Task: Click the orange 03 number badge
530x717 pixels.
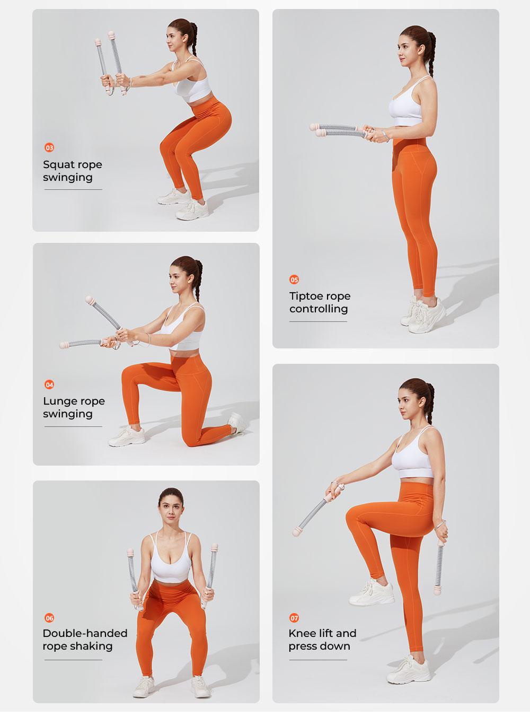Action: [49, 148]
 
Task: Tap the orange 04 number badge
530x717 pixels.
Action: [49, 384]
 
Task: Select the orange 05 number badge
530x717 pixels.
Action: [294, 279]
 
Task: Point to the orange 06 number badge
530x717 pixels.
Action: [49, 618]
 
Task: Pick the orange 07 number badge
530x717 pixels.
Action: [294, 618]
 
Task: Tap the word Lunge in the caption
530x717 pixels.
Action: [58, 402]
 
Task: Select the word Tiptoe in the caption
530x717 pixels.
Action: [305, 296]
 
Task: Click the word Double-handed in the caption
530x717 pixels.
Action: [85, 633]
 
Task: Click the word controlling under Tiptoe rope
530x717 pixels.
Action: [319, 309]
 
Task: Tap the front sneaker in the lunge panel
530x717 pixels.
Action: [126, 436]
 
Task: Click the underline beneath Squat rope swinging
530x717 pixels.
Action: [73, 189]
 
